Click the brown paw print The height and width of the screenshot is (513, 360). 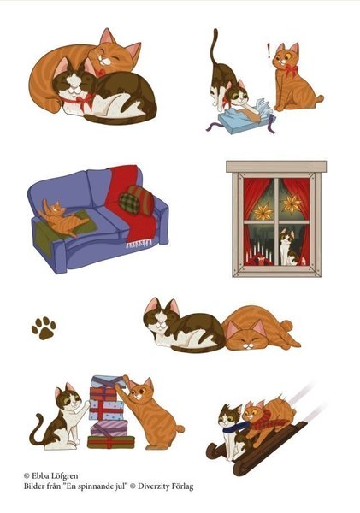(44, 327)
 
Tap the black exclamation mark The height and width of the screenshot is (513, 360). (269, 50)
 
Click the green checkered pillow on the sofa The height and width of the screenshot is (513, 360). (129, 203)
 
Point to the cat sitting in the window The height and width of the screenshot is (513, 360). (287, 247)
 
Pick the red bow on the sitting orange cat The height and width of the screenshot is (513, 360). (291, 70)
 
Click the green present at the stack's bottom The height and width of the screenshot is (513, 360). (111, 442)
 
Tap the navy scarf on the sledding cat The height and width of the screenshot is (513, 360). (234, 428)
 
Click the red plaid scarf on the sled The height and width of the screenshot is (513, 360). (269, 421)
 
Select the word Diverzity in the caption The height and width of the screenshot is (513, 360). (153, 486)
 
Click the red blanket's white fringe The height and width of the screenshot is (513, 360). (139, 243)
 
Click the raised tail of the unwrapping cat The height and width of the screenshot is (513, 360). (215, 47)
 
